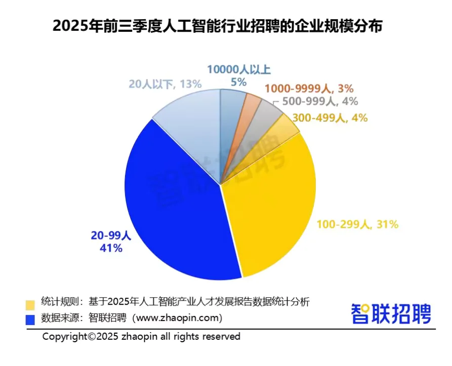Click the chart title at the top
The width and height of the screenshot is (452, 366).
[217, 26]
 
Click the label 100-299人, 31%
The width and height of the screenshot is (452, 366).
[357, 224]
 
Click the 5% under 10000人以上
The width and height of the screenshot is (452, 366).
[238, 81]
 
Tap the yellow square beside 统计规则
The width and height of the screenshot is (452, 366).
[30, 304]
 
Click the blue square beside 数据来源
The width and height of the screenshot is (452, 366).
[30, 319]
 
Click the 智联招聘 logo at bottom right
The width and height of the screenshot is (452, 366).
[391, 314]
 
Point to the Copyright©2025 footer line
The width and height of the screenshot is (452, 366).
[141, 336]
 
